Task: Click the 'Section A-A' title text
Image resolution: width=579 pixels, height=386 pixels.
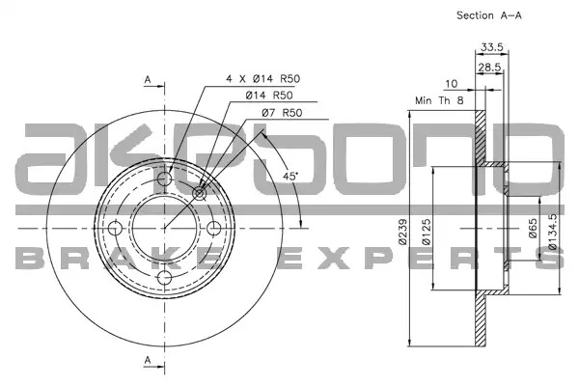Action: point(489,15)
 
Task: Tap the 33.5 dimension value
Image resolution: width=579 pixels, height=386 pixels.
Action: point(492,47)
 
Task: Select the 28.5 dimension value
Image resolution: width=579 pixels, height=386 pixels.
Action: point(489,68)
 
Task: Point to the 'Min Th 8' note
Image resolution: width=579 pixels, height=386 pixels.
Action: point(439,100)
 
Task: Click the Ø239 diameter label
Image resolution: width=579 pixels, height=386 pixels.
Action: point(402,232)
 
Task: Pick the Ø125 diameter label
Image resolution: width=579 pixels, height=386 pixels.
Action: point(426,232)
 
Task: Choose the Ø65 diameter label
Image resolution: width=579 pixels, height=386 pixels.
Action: point(533,229)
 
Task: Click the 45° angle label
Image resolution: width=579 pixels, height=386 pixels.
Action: point(290,177)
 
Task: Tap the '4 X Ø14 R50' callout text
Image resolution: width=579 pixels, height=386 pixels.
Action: point(263,79)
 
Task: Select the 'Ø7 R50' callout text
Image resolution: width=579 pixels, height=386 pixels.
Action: point(282,113)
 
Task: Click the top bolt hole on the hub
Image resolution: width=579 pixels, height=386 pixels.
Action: point(164,179)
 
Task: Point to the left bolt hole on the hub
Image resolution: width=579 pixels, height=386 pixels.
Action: point(115,229)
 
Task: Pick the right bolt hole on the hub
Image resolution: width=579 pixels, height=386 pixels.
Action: point(214,229)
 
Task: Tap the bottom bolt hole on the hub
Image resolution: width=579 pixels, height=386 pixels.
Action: point(164,278)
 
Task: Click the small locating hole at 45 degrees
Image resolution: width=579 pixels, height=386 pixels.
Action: point(200,193)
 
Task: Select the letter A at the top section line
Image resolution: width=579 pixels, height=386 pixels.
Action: point(148,79)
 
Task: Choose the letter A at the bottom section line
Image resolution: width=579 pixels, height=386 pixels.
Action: point(148,360)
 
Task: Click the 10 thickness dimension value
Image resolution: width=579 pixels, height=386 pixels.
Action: point(452,84)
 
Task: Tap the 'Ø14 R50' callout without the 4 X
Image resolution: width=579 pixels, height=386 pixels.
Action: point(269,96)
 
